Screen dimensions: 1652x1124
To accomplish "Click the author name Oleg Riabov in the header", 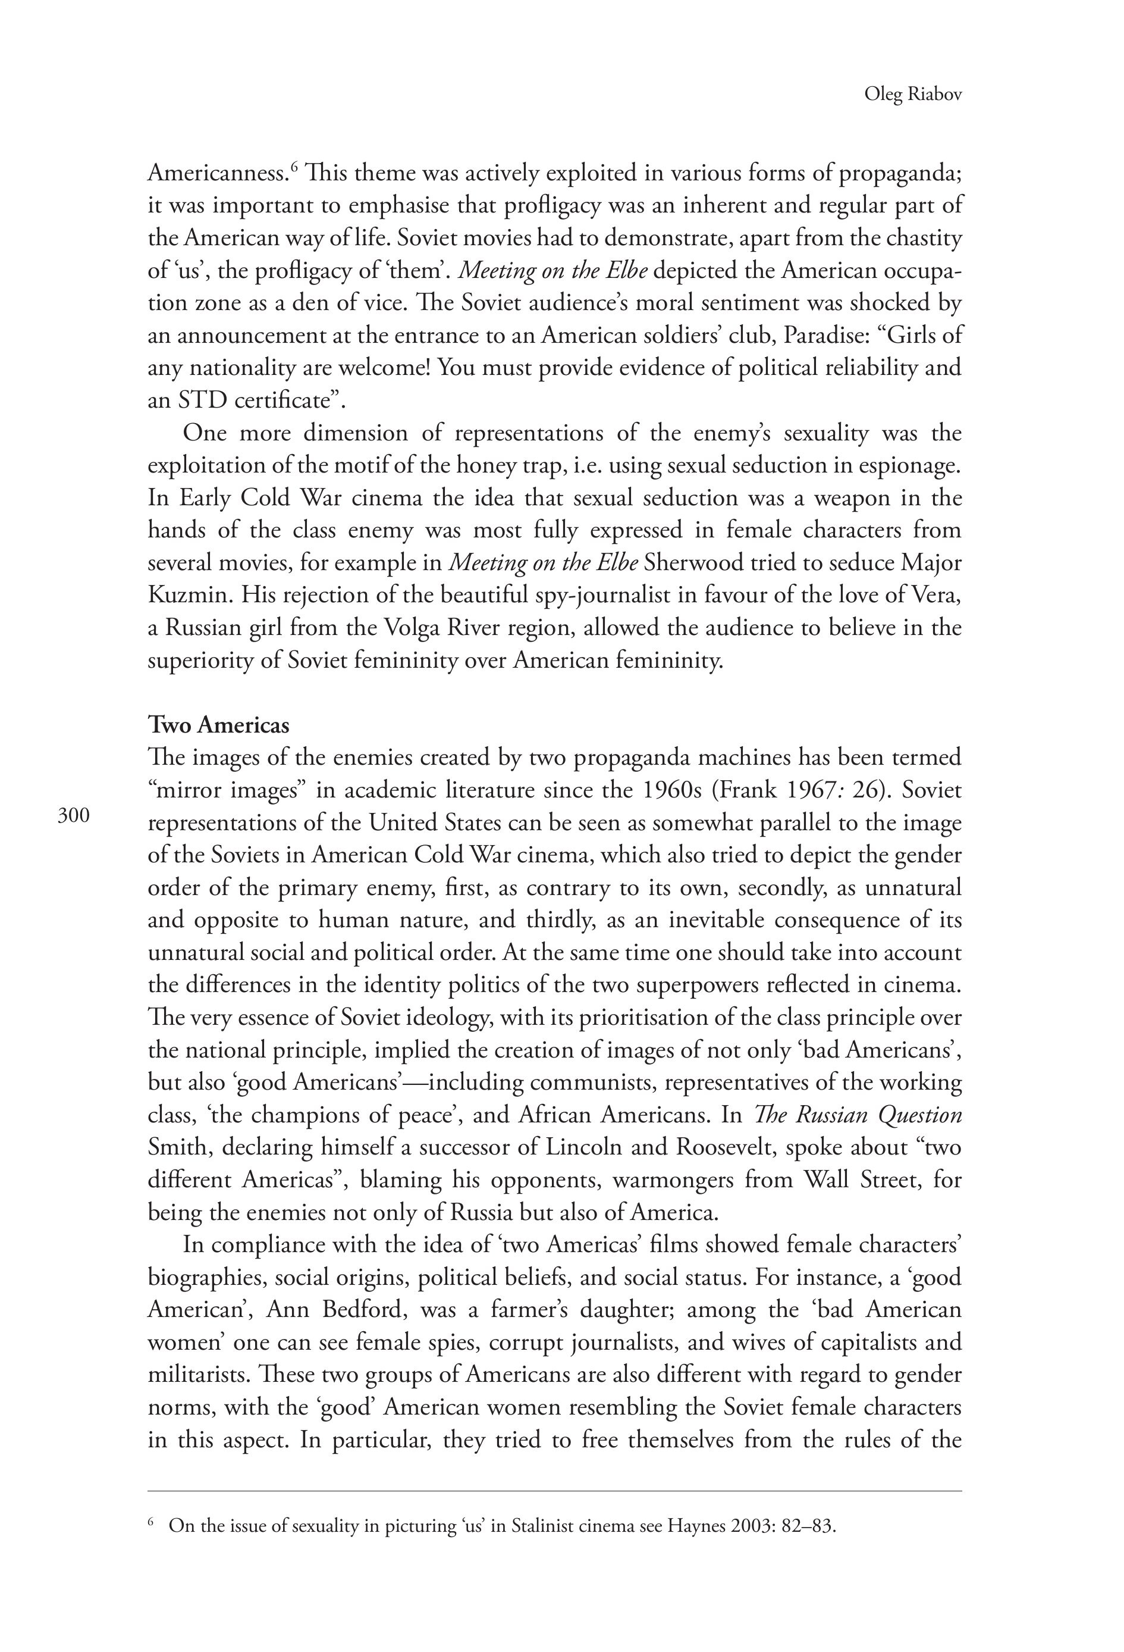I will (912, 95).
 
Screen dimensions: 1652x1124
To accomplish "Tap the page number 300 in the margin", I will (74, 815).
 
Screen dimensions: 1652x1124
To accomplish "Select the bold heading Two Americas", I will (219, 725).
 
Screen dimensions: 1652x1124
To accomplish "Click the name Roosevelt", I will (723, 1147).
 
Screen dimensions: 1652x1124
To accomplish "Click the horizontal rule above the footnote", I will (554, 1491).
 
